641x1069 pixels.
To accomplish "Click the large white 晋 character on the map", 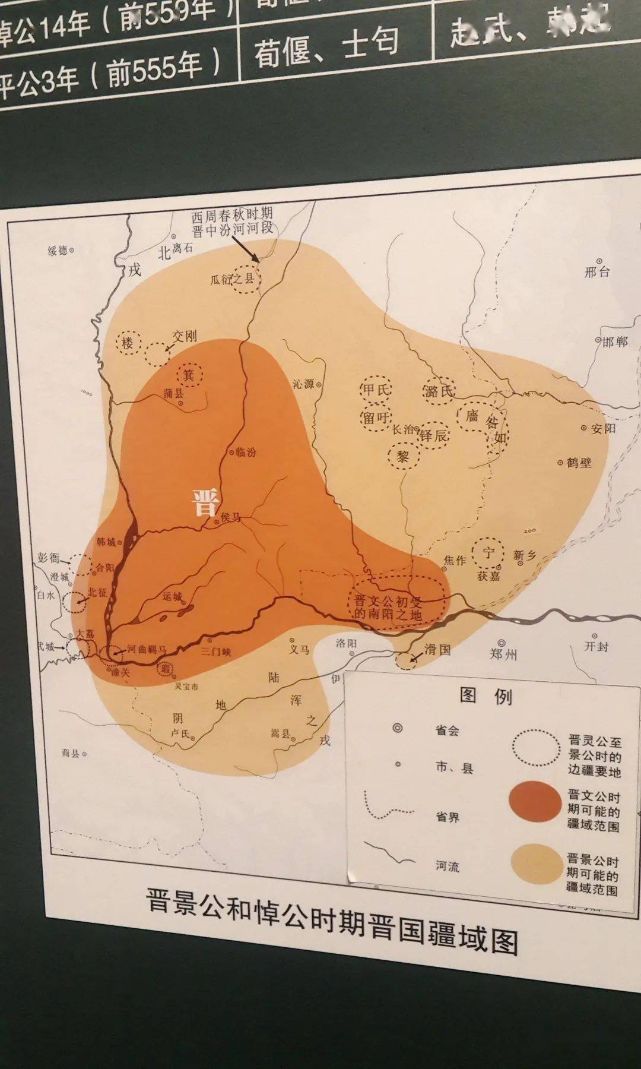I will click(205, 502).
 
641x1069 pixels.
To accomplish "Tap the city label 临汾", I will click(246, 452).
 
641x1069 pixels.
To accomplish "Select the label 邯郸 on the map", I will click(615, 342).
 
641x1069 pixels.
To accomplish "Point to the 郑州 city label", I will click(503, 654).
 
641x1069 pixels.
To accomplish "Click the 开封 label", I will click(596, 646).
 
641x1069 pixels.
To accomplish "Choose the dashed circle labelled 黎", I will click(404, 457).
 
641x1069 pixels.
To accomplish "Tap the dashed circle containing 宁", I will click(488, 553).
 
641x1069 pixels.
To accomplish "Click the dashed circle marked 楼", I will click(127, 343).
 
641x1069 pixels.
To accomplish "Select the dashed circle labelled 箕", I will click(189, 375).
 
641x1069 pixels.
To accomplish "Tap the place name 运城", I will click(172, 596).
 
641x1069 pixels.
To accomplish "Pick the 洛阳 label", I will click(346, 643).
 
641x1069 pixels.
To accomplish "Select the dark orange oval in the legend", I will click(535, 802).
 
